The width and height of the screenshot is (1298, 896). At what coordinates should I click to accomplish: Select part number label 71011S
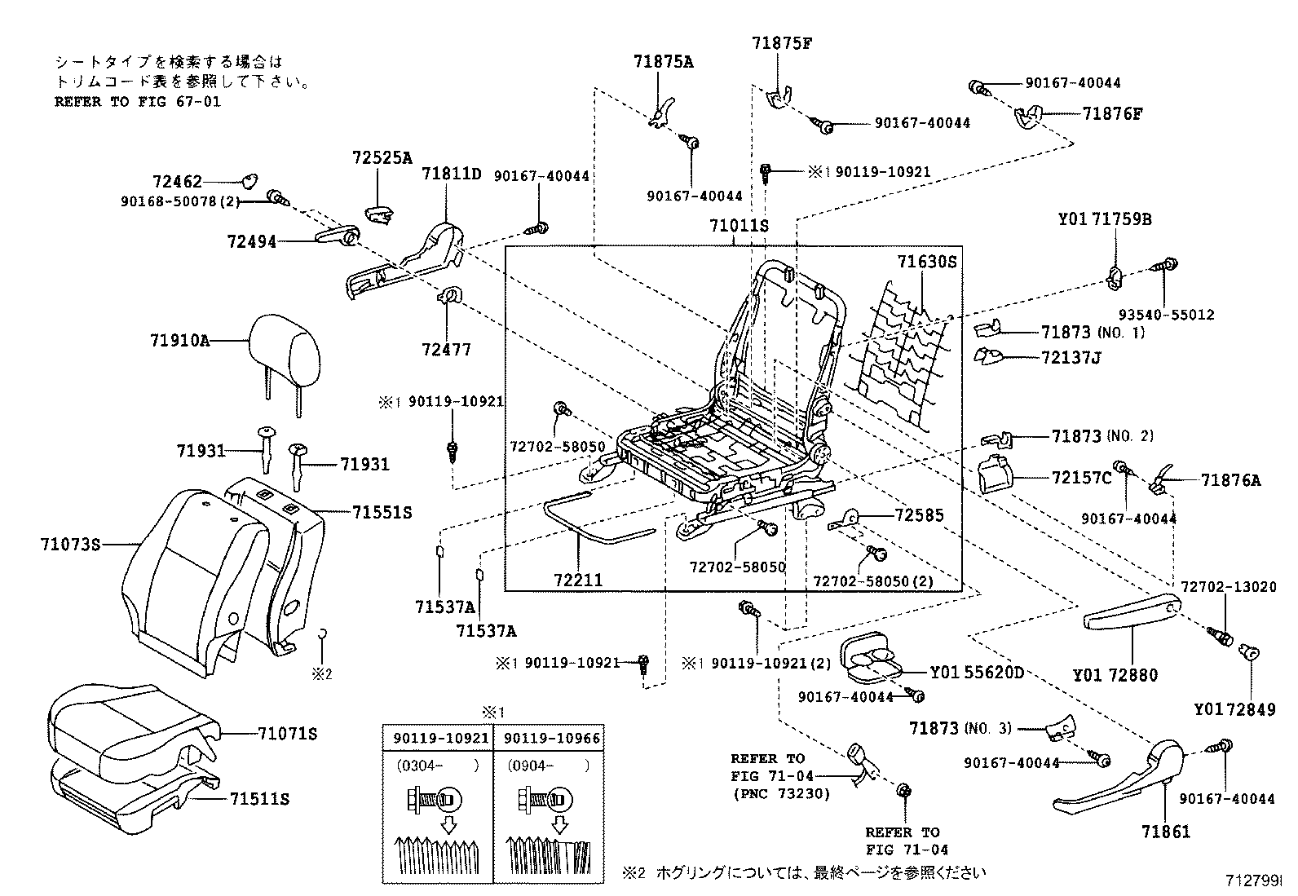pyautogui.click(x=739, y=225)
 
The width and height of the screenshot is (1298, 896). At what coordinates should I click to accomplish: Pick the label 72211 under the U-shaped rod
pyautogui.click(x=577, y=580)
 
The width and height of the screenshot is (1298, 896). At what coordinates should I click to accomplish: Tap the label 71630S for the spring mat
pyautogui.click(x=926, y=262)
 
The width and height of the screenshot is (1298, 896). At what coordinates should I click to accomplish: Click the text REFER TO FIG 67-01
pyautogui.click(x=137, y=102)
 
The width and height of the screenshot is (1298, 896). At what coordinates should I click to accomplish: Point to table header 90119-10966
pyautogui.click(x=552, y=739)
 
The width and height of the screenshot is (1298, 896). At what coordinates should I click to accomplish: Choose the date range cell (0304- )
pyautogui.click(x=438, y=766)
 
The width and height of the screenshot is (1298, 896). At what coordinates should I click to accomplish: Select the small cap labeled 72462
pyautogui.click(x=249, y=183)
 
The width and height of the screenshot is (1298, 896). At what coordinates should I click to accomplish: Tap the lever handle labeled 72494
pyautogui.click(x=334, y=236)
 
